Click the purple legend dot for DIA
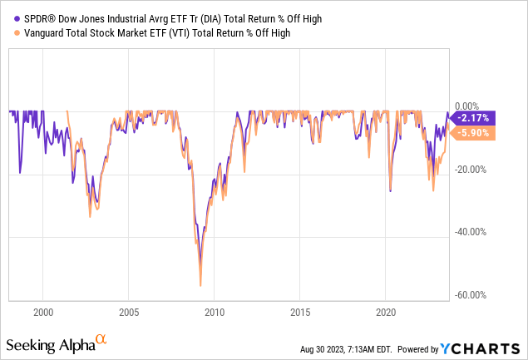pos(11,17)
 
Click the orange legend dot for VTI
pos(11,32)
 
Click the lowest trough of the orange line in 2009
pos(200,285)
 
